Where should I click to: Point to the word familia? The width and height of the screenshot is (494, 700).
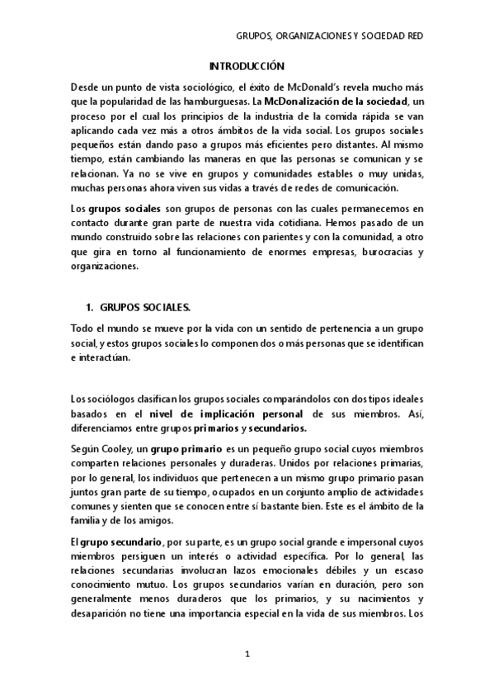(x=88, y=521)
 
